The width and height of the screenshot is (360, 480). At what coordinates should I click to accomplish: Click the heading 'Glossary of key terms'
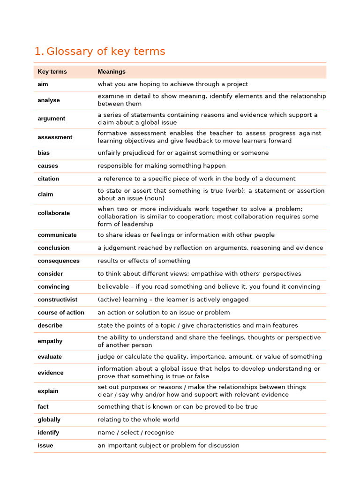click(x=106, y=52)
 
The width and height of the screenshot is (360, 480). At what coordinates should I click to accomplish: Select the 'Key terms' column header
click(x=52, y=72)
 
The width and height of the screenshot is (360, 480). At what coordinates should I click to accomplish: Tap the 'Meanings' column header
click(x=112, y=72)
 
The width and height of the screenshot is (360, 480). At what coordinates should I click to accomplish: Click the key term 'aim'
click(x=43, y=84)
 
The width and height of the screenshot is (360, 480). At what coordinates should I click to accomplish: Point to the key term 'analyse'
click(x=49, y=100)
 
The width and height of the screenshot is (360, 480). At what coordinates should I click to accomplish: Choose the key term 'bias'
click(x=44, y=153)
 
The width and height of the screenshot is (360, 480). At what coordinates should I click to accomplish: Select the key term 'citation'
click(x=48, y=179)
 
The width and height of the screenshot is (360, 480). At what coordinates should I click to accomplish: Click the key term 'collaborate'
click(x=53, y=213)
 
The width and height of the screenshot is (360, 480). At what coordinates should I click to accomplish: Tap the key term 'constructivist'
click(x=58, y=300)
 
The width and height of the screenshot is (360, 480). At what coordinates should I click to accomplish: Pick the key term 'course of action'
click(x=61, y=313)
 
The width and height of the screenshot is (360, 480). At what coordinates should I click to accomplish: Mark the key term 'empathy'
click(x=50, y=341)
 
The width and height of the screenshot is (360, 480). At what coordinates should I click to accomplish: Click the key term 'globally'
click(x=49, y=420)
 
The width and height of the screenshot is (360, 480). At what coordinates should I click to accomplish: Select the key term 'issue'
click(x=45, y=445)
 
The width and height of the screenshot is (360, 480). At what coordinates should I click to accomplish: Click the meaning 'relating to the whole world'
click(x=138, y=420)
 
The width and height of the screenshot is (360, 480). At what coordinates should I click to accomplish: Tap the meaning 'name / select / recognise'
click(x=135, y=433)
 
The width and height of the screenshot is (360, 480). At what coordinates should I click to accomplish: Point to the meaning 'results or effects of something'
click(x=144, y=261)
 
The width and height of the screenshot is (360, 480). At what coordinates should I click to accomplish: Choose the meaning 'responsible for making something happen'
click(x=161, y=166)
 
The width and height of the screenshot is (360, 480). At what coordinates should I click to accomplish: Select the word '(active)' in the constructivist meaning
click(x=108, y=300)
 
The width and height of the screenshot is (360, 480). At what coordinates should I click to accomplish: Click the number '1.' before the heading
click(x=39, y=52)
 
